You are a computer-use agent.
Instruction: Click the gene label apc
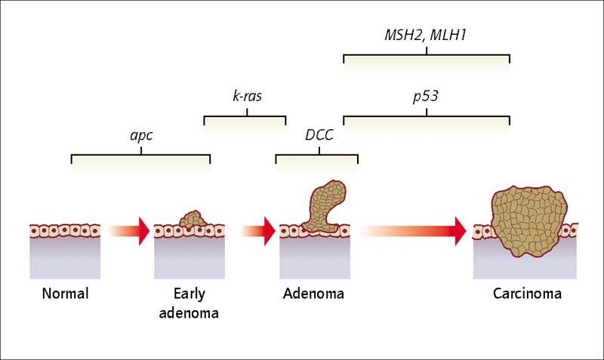pos(141,136)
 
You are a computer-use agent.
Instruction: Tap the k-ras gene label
pos(248,96)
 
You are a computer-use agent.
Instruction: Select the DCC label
pos(319,135)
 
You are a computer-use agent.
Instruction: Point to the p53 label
pos(426,97)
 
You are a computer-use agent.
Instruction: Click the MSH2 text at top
pos(405,35)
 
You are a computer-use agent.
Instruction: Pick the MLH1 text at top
pos(448,35)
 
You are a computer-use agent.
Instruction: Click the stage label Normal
pos(65,294)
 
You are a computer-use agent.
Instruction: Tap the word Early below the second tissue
pos(190,294)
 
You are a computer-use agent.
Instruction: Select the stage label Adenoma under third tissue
pos(313,294)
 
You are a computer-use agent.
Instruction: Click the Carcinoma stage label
pos(527,294)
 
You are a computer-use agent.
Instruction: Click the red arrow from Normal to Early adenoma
pos(129,231)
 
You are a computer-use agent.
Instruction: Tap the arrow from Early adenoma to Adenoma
pos(257,231)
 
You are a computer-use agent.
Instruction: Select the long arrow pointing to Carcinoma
pos(414,231)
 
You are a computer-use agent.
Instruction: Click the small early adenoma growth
pos(193,219)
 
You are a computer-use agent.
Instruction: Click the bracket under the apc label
pos(141,155)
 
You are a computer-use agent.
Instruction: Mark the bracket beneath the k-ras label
pos(247,116)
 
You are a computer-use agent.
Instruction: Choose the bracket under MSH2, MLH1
pos(427,55)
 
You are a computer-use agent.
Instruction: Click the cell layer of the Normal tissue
pos(65,231)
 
